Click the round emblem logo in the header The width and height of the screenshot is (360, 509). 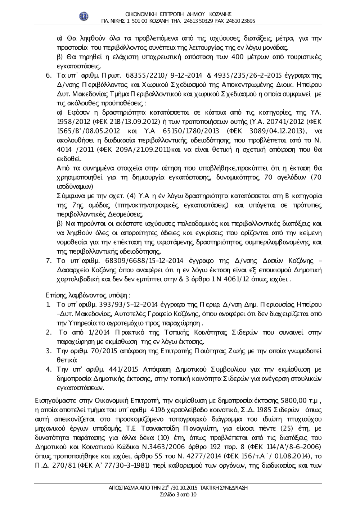point(84,16)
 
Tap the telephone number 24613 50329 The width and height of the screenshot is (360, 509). point(199,21)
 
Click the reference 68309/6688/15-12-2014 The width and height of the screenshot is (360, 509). point(145,260)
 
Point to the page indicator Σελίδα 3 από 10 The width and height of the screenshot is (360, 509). point(178,495)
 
